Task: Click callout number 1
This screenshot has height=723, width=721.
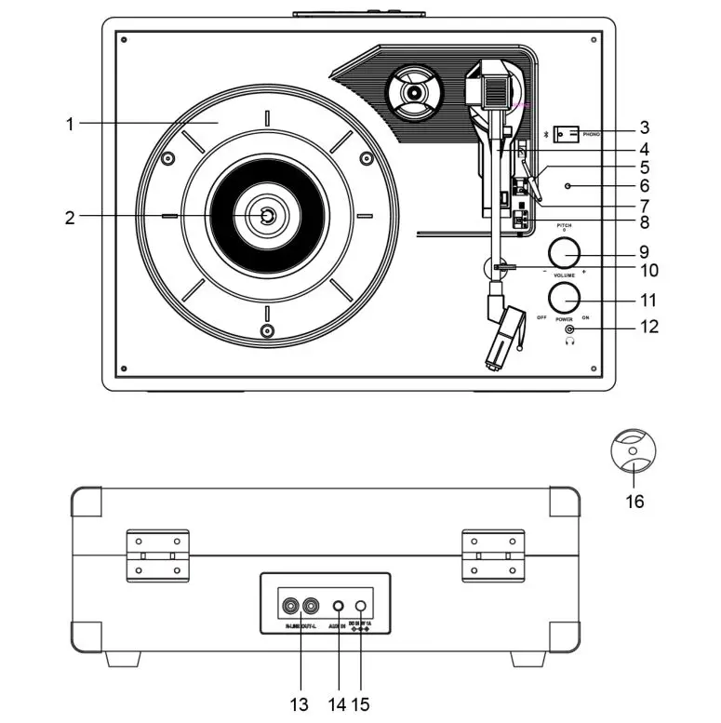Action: coord(70,123)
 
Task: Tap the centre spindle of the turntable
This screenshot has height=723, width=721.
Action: coord(267,216)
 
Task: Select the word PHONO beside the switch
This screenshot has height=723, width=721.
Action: coord(592,134)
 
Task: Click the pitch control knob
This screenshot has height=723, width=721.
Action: coord(563,252)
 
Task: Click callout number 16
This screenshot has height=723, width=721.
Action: coord(634,502)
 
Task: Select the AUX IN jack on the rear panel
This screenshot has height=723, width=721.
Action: coord(339,607)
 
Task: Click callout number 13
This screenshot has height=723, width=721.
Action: coord(299,704)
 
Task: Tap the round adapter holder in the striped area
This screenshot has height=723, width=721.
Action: coord(411,93)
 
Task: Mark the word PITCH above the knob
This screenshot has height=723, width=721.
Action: coord(563,226)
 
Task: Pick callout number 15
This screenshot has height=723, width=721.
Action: coord(362,704)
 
